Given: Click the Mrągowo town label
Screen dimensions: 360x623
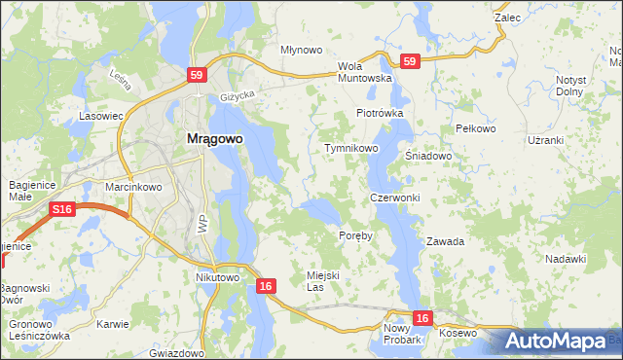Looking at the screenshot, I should [x=214, y=138].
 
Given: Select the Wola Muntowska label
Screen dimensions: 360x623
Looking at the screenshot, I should [x=364, y=72].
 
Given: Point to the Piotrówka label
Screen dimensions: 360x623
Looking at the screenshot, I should [x=380, y=113].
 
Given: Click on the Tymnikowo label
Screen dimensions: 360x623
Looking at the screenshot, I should [x=350, y=148].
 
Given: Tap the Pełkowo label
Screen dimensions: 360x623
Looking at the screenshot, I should [x=476, y=128].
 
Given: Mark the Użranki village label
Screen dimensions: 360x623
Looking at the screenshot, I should [x=545, y=140].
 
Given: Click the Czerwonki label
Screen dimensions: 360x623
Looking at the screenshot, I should [x=394, y=198].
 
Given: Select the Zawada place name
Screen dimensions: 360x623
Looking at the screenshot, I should [x=445, y=240].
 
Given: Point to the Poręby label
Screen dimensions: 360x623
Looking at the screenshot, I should [x=355, y=235].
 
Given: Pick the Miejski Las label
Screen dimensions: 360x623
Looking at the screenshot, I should [x=322, y=281].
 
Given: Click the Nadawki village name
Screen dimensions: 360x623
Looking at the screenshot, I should [x=566, y=258].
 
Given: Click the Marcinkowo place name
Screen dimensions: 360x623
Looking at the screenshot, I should [x=133, y=187].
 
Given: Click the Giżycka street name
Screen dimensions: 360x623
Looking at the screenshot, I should [x=237, y=96].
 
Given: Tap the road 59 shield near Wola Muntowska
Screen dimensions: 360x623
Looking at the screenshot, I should [x=410, y=60].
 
